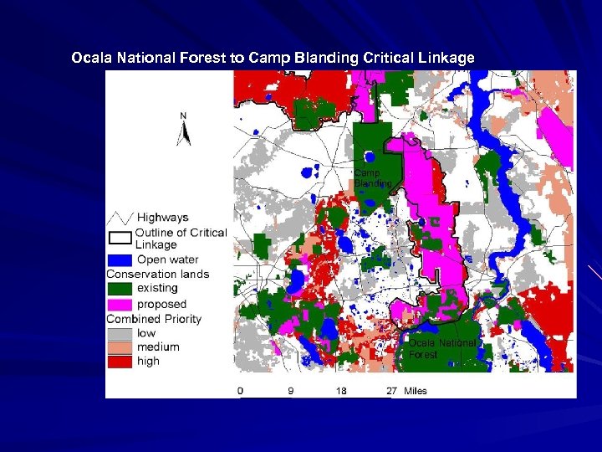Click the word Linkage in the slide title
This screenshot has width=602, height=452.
447,59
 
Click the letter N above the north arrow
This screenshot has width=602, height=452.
183,116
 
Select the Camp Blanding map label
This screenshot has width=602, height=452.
372,178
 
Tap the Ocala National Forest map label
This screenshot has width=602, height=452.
442,348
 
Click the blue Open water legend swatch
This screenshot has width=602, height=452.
120,259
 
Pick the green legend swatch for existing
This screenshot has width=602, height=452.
120,289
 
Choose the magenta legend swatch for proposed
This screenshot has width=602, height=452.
120,304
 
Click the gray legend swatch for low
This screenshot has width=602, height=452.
120,333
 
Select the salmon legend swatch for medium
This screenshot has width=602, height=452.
120,347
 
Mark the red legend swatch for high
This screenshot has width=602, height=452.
120,362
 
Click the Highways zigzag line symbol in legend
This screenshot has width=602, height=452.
120,218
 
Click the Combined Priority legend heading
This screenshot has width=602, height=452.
154,319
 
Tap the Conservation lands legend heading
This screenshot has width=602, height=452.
158,274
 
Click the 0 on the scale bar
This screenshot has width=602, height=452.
241,391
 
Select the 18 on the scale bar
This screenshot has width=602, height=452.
341,391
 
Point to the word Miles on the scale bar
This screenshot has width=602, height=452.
416,391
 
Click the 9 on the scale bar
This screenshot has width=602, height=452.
291,391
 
